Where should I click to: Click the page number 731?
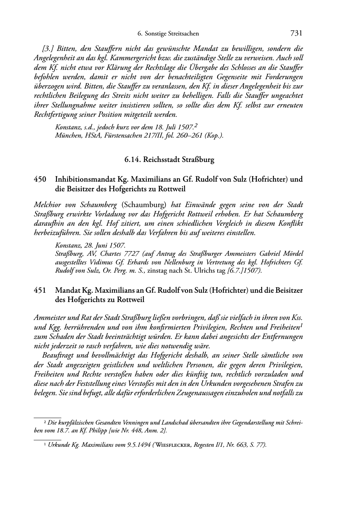tap(297, 33)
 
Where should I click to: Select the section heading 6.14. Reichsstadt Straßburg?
tap(169, 160)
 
